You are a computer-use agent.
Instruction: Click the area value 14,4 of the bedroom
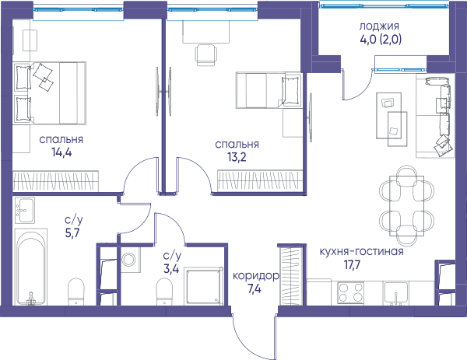coord(61,152)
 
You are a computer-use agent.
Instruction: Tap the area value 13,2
coord(237,157)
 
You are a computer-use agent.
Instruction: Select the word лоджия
coord(379,26)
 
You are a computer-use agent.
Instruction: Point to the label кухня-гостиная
coord(362,251)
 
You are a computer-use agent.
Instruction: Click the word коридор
coord(256,276)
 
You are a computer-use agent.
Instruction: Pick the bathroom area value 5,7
coord(72,233)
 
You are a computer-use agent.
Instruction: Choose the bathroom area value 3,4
coord(171,269)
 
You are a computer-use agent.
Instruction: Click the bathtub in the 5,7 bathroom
coord(31,267)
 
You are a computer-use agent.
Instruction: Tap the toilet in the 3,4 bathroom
coord(164,292)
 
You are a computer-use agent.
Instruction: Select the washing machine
coord(130,259)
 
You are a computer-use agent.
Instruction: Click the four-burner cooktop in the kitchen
coord(350,293)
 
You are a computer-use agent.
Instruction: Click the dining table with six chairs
coord(406,205)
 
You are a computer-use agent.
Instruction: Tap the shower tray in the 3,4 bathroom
coord(203,286)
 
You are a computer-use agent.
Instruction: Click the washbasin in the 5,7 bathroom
coord(25,210)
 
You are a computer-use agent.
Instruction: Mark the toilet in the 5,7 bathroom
coord(76,292)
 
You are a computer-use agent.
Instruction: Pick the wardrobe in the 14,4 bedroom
coord(56,181)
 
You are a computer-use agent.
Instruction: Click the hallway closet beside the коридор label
coord(291,276)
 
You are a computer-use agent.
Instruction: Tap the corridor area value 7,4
coord(255,289)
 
